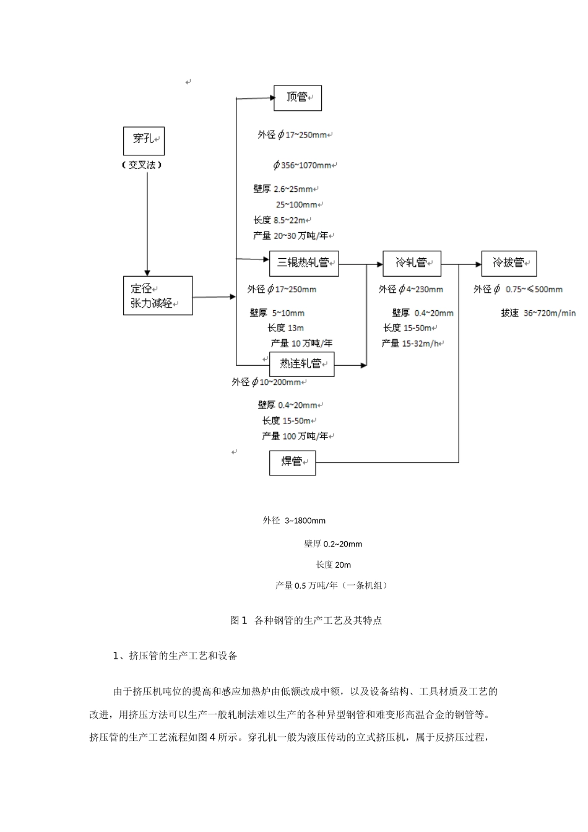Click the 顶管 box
click(298, 98)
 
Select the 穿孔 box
click(144, 141)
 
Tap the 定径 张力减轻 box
click(157, 296)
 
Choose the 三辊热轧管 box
click(304, 263)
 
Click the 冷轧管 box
click(412, 263)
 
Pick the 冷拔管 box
click(509, 263)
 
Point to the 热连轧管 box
click(301, 364)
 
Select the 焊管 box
click(292, 463)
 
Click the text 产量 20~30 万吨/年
click(293, 236)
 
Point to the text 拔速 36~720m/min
click(538, 313)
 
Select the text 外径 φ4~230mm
click(411, 289)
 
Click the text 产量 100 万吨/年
click(296, 436)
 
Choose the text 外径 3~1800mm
click(294, 521)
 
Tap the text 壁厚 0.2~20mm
click(333, 544)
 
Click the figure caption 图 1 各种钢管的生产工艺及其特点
click(306, 620)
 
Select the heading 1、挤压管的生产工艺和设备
click(175, 656)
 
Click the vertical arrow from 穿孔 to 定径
click(147, 223)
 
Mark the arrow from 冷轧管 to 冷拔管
click(470, 264)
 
